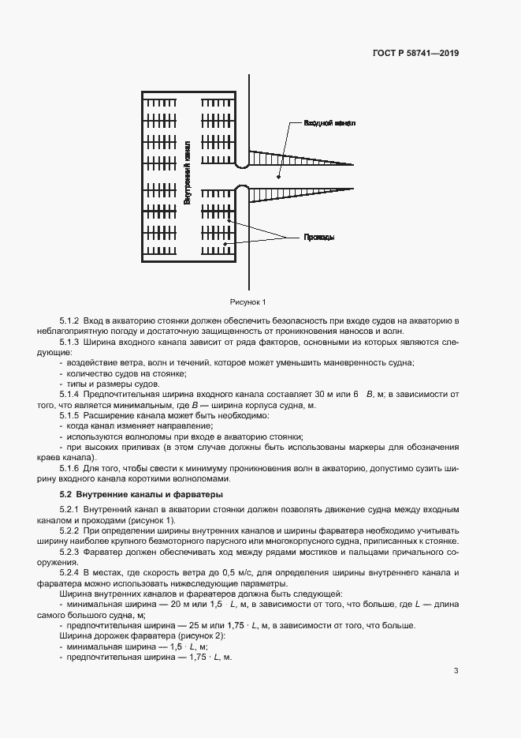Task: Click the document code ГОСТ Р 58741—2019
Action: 415,54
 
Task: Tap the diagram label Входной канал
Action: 329,124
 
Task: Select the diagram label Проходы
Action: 319,237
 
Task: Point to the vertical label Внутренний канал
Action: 187,173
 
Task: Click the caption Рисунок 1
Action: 248,302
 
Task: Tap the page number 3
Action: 456,671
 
